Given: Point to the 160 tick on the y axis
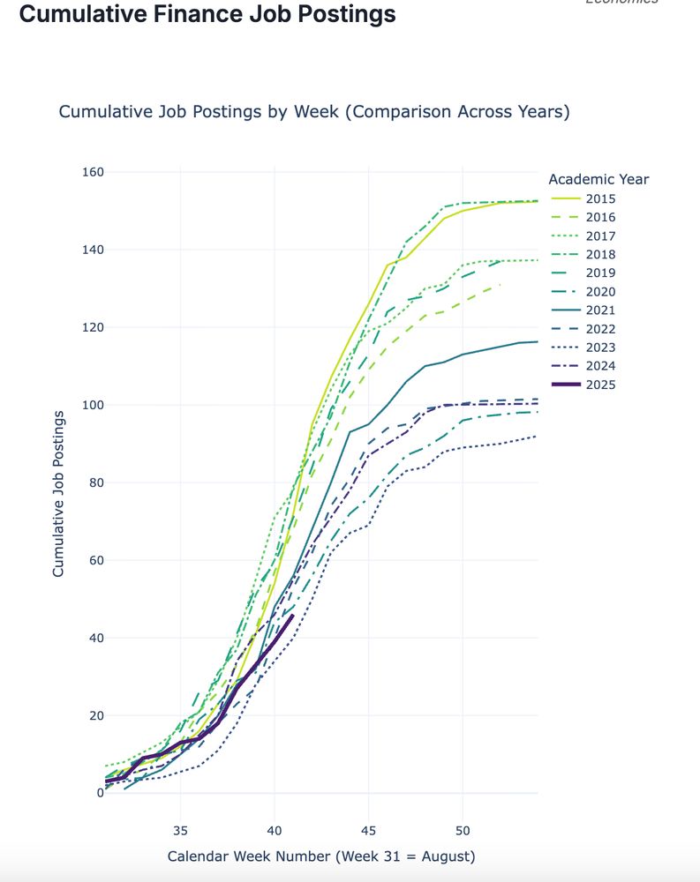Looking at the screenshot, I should (93, 172).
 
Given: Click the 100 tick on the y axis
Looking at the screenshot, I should (93, 405).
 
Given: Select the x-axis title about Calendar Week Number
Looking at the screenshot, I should (321, 856).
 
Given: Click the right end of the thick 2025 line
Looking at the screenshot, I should (292, 616).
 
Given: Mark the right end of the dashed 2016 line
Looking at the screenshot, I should (500, 285).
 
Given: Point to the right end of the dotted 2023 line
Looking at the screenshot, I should (537, 436).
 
